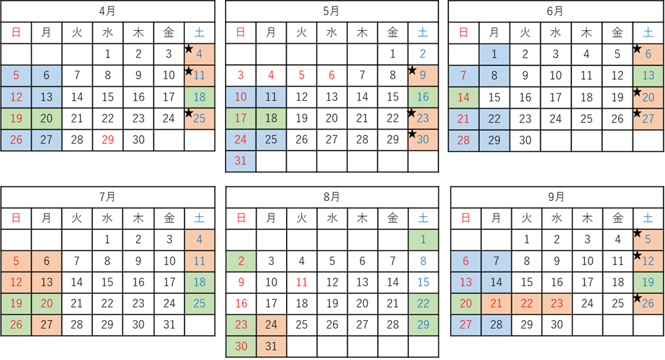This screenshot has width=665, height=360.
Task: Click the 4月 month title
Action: pyautogui.click(x=107, y=11)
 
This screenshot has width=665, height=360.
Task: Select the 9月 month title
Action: pyautogui.click(x=556, y=197)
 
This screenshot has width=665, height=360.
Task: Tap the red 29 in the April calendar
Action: pyautogui.click(x=108, y=140)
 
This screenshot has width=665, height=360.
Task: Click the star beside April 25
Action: pyautogui.click(x=189, y=113)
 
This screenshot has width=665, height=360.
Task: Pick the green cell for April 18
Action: pyautogui.click(x=200, y=97)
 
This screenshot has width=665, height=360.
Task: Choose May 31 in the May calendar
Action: pyautogui.click(x=240, y=161)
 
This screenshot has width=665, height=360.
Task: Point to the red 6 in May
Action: pyautogui.click(x=332, y=75)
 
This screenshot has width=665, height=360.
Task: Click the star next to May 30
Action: pyautogui.click(x=412, y=134)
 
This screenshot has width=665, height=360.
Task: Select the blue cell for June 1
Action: pyautogui.click(x=494, y=54)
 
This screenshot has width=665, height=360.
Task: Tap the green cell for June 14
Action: pyautogui.click(x=463, y=97)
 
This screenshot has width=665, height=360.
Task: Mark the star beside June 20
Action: pyautogui.click(x=637, y=91)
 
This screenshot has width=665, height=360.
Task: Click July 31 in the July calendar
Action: pyautogui.click(x=170, y=325)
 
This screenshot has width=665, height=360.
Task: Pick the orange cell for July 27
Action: pyautogui.click(x=46, y=325)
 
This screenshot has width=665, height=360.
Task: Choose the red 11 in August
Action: pyautogui.click(x=302, y=282)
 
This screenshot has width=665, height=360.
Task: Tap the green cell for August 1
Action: pyautogui.click(x=423, y=240)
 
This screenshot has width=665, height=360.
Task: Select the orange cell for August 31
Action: pyautogui.click(x=271, y=346)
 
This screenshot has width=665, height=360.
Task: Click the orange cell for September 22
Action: pyautogui.click(x=526, y=304)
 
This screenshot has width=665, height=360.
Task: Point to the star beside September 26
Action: pyautogui.click(x=637, y=298)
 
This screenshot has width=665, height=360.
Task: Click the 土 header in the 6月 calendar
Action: pyautogui.click(x=648, y=33)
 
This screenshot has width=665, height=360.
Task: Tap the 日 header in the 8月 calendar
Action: pyautogui.click(x=241, y=218)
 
